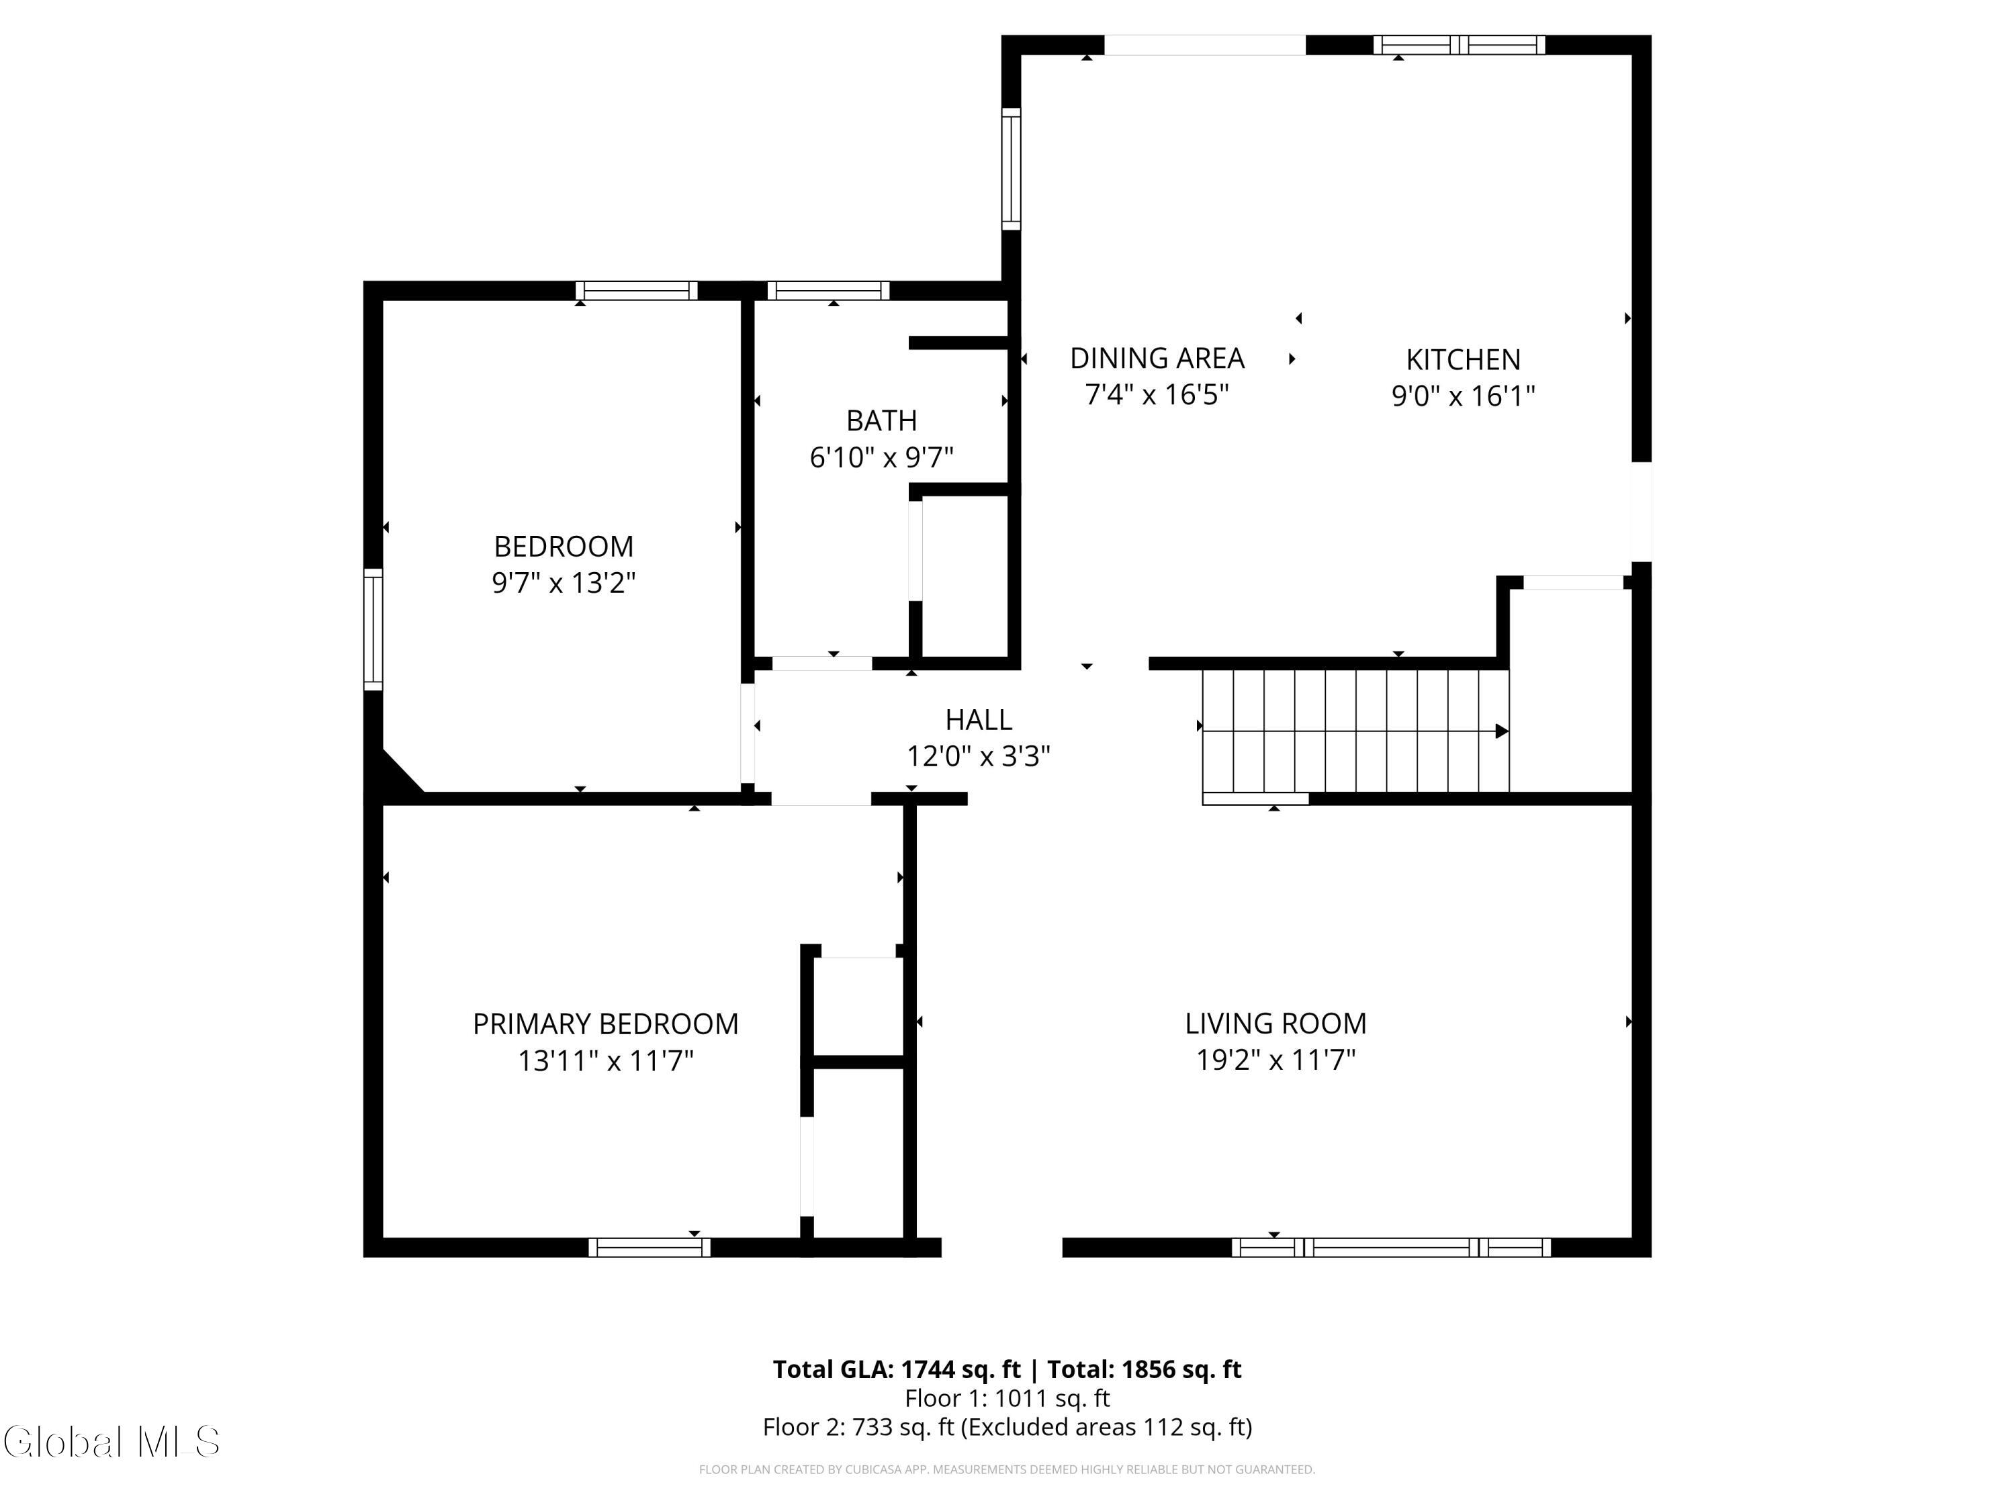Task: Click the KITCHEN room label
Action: point(1463,360)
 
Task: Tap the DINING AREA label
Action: point(1157,358)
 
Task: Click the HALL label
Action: point(979,719)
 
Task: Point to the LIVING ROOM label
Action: point(1275,1023)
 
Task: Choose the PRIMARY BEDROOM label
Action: point(605,1023)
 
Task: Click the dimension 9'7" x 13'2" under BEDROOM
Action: point(563,583)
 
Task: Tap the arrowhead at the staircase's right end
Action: point(1502,731)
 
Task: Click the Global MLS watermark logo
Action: point(111,1441)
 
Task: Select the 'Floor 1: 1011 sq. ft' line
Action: point(1007,1398)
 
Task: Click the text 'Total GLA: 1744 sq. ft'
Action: point(897,1369)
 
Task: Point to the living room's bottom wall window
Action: point(1391,1247)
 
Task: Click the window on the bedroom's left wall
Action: point(373,629)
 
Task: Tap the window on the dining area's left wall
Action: point(1010,169)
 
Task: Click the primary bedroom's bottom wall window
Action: point(649,1247)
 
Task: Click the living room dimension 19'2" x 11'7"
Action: point(1275,1060)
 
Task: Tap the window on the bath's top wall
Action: point(828,291)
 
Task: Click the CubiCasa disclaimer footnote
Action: point(1007,1469)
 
